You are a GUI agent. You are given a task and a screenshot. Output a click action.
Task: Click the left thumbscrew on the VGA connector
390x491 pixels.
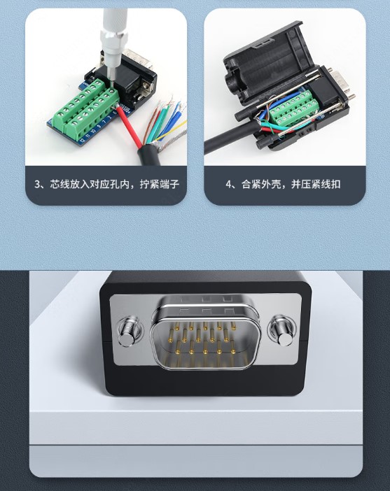pos(128,333)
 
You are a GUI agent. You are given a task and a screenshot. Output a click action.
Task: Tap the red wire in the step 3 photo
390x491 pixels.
pos(129,127)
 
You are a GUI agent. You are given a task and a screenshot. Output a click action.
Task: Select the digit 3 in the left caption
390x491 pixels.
pos(38,184)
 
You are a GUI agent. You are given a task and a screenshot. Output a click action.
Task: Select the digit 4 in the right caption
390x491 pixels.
pos(229,184)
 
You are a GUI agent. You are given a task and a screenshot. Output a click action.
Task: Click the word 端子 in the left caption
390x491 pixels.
pos(169,184)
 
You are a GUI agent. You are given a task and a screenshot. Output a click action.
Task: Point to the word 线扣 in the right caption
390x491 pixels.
pos(330,184)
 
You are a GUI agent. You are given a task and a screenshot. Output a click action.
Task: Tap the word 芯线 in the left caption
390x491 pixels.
pos(60,184)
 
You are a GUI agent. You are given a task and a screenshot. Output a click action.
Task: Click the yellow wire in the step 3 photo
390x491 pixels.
pos(171,130)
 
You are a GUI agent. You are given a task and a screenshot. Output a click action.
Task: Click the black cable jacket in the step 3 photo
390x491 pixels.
pos(150,156)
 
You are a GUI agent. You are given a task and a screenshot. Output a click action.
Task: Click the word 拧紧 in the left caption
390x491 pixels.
pos(150,184)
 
